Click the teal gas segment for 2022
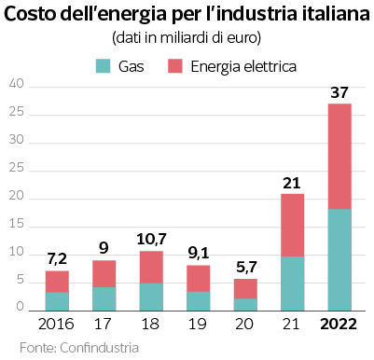click(x=339, y=260)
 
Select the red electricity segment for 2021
click(x=292, y=225)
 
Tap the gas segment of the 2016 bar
click(x=57, y=301)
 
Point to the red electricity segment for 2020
click(x=245, y=289)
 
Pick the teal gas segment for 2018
click(x=151, y=297)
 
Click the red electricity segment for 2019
click(x=199, y=279)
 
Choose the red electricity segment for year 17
click(x=104, y=274)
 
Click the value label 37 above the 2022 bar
click(x=339, y=92)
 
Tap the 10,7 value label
click(x=152, y=240)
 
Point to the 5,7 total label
click(x=246, y=268)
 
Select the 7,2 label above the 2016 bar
click(x=57, y=259)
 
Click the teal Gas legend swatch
click(x=103, y=66)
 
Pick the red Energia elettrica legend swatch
click(x=175, y=66)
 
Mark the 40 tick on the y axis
click(x=16, y=84)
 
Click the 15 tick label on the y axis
click(x=16, y=224)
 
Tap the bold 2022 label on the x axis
click(x=339, y=325)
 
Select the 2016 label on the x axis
click(x=56, y=325)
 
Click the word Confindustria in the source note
click(x=99, y=348)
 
